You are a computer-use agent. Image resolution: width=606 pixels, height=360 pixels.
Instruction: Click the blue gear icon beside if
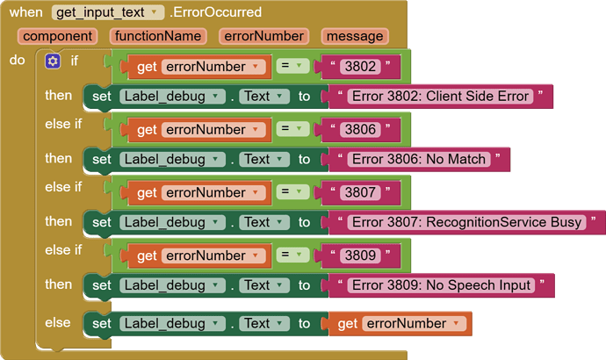point(53,61)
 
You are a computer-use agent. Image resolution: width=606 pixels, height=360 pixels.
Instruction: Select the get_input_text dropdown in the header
point(108,12)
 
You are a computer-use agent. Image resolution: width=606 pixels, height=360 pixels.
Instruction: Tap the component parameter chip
point(57,36)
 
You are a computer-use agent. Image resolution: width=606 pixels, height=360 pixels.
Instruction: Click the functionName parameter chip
point(158,36)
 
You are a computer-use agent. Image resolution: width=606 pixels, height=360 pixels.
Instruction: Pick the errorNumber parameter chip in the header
point(264,36)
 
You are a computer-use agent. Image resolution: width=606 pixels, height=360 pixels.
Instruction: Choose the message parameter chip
point(355,36)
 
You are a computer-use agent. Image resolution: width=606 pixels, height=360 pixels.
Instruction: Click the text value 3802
point(360,67)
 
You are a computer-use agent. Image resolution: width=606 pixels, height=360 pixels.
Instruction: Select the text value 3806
point(360,129)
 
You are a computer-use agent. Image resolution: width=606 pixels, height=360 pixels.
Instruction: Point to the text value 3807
point(360,192)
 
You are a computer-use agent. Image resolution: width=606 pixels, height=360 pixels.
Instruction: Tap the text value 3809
point(360,256)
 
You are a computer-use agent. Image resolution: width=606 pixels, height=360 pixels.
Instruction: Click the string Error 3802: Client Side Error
point(440,97)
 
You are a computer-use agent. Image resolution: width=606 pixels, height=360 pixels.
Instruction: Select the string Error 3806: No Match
point(419,159)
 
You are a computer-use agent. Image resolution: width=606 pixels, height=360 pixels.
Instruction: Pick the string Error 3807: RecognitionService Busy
point(467,222)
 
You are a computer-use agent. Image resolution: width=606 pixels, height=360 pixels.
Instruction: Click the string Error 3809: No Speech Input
point(441,285)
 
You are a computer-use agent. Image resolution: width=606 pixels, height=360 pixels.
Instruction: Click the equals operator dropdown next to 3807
point(292,192)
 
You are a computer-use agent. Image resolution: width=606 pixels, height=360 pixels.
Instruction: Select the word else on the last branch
point(58,322)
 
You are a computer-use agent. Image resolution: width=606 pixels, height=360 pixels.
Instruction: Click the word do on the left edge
point(17,60)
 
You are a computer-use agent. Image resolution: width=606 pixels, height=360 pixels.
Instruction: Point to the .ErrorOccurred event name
point(216,12)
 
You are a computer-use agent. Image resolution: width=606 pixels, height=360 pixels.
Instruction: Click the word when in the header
point(25,12)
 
